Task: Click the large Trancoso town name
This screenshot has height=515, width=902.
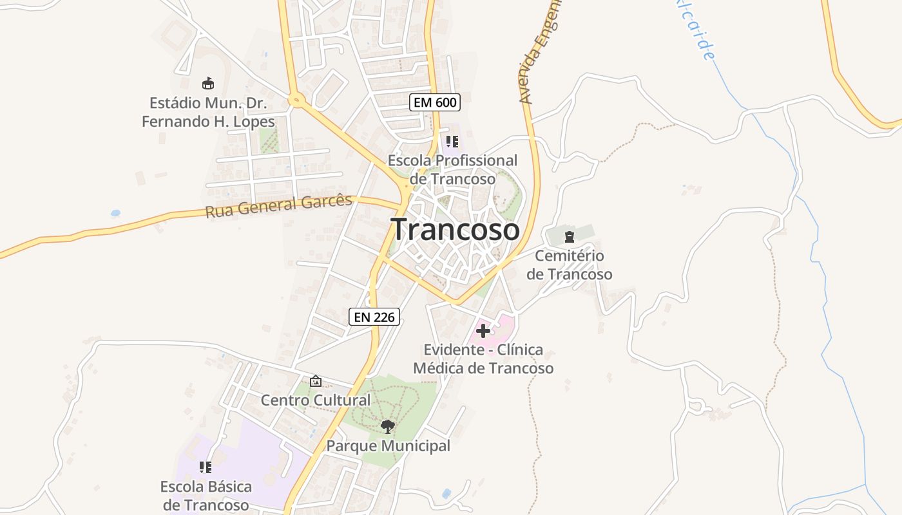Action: (455, 230)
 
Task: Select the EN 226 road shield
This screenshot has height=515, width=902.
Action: (374, 316)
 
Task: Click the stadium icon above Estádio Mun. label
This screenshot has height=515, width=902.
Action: (207, 83)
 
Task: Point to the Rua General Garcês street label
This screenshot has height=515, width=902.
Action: (279, 206)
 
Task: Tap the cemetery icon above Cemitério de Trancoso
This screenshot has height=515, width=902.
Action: (570, 236)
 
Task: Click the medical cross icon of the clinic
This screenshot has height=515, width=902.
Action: (483, 331)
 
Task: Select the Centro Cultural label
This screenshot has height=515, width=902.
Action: (316, 400)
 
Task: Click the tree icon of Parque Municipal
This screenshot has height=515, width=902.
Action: (387, 426)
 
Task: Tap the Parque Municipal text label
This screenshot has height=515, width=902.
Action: (388, 445)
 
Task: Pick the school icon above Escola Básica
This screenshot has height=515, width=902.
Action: (206, 467)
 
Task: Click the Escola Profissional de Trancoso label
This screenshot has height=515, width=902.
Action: (452, 169)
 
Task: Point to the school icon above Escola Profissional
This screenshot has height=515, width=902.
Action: (452, 142)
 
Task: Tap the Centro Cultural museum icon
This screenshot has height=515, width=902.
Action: (316, 381)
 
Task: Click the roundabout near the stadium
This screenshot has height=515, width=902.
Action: (296, 100)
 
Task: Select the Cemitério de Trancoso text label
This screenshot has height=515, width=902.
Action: (570, 265)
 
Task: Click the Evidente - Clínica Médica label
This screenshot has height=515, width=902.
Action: (483, 359)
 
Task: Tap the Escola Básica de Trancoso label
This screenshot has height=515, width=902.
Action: (206, 496)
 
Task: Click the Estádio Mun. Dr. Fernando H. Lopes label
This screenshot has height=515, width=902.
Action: (208, 112)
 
